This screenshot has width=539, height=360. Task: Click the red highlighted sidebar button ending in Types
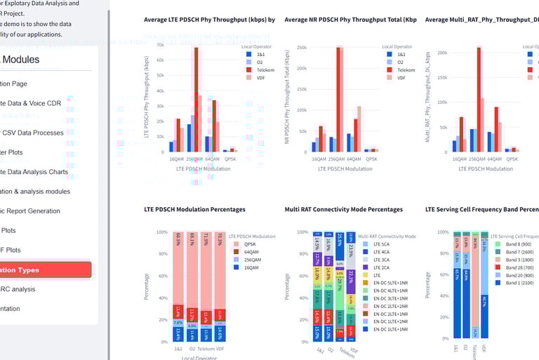(46, 269)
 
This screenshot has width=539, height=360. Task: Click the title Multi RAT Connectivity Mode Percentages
(344, 209)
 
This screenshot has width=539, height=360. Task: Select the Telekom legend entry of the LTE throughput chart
(261, 70)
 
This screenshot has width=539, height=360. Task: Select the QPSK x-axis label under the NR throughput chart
(372, 159)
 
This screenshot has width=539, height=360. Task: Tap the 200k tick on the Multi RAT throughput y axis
(442, 53)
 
